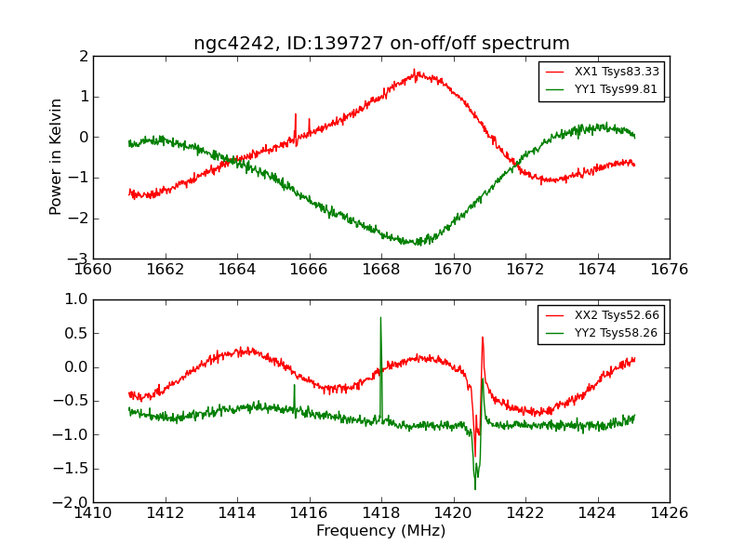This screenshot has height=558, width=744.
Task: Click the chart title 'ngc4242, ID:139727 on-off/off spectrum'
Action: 381,44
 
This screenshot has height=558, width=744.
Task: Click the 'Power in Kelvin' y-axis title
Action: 57,156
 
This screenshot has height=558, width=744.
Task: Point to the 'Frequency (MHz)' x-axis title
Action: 381,531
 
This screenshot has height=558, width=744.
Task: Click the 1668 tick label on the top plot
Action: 381,270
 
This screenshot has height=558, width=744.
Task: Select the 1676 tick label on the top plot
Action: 670,270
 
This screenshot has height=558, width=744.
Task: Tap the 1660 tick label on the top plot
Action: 93,270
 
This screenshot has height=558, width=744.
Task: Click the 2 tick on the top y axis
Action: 82,56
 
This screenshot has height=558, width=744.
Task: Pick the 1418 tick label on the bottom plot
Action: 381,512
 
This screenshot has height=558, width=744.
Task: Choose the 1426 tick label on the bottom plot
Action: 670,512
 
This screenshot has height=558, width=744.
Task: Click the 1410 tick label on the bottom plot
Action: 93,512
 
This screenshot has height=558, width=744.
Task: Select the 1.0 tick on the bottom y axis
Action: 74,299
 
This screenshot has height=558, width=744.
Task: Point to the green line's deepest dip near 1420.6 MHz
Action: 475,487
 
